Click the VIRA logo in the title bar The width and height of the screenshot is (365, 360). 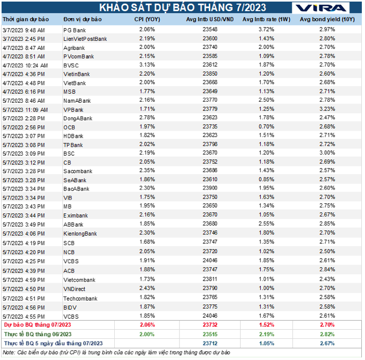(321, 8)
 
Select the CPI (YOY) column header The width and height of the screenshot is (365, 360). (147, 20)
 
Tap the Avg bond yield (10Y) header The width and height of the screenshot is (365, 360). (327, 20)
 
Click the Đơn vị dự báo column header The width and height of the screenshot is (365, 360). (83, 20)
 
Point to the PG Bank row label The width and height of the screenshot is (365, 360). (75, 30)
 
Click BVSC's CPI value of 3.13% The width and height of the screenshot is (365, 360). (147, 65)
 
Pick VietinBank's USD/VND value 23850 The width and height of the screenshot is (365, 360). (210, 74)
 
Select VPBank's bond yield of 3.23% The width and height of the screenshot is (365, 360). (327, 109)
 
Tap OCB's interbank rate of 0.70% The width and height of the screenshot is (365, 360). (267, 127)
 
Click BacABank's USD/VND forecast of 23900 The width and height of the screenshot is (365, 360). (210, 188)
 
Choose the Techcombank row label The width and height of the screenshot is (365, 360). (80, 299)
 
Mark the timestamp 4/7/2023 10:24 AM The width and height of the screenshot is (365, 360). (25, 66)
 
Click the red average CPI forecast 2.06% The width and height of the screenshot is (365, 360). (147, 325)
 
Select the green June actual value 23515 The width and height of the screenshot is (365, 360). (210, 335)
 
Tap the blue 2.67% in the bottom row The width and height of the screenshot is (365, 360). (327, 344)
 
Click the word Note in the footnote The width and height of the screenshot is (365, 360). (8, 353)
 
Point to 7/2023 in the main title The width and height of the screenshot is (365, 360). (251, 8)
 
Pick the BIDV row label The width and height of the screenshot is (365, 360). (70, 308)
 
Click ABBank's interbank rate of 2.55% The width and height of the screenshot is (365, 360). (267, 224)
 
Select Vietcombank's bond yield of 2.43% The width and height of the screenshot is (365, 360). (327, 279)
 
